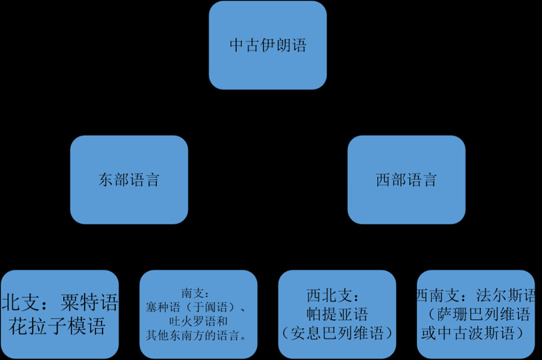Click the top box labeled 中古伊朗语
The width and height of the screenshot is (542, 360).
pyautogui.click(x=267, y=45)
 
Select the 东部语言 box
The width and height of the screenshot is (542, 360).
pyautogui.click(x=129, y=180)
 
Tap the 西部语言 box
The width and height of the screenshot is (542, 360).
pyautogui.click(x=406, y=180)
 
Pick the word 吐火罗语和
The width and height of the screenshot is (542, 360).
pyautogui.click(x=197, y=321)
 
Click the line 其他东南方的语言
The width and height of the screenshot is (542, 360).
pyautogui.click(x=194, y=335)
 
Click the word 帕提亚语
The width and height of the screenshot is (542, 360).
pyautogui.click(x=337, y=314)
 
